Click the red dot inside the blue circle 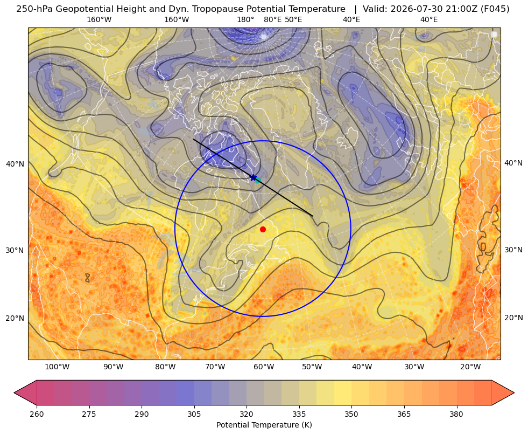pos(263,229)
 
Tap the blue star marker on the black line pos(253,177)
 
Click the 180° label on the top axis pos(246,19)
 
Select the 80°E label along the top pos(272,19)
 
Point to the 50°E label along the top pos(293,19)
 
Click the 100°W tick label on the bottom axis pos(57,367)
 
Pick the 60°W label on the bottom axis pos(264,367)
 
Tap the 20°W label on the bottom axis pos(470,367)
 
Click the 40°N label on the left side pos(15,164)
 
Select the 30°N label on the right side pos(513,250)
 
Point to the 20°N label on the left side pos(15,318)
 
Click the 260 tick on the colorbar pos(37,414)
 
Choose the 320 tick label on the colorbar pos(247,414)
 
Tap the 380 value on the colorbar pos(456,414)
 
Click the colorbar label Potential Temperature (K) pos(264,425)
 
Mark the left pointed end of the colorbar pos(14,392)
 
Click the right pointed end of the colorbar pos(514,392)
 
